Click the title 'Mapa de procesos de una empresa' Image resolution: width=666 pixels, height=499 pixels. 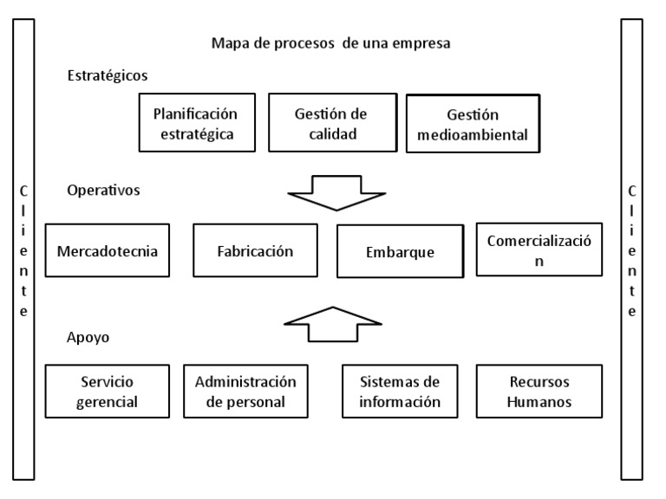(330, 42)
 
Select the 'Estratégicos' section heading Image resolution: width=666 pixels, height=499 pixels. (107, 75)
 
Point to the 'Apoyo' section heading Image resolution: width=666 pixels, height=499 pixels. (88, 337)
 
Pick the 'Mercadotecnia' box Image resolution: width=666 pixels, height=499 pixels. (107, 251)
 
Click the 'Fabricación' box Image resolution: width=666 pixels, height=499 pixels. (255, 252)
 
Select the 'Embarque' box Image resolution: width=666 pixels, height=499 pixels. (400, 253)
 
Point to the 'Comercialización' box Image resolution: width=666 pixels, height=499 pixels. (539, 250)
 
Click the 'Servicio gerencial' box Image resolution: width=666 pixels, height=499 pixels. (107, 392)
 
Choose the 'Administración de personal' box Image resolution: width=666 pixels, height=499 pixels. (245, 392)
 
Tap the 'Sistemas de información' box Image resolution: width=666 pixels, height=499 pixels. (401, 392)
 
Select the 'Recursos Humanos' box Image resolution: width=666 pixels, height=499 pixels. (539, 392)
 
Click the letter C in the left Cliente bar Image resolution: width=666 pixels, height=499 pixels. (24, 191)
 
